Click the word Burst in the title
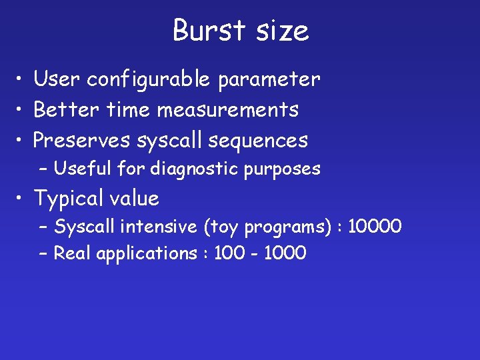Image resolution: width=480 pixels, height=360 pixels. [205, 31]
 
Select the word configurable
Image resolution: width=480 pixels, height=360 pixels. [148, 79]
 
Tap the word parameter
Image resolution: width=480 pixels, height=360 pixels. [268, 79]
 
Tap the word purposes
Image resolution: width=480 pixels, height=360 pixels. [283, 169]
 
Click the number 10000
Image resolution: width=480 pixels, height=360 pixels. [375, 227]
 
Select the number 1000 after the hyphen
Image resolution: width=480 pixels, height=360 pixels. [285, 253]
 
